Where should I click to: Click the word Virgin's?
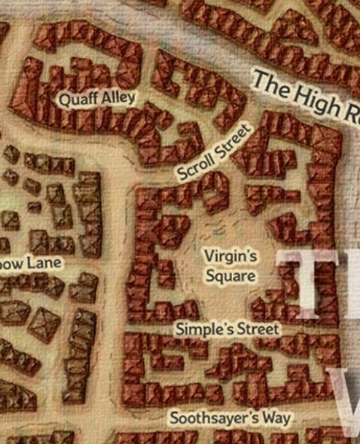click(230, 257)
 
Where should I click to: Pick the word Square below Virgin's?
click(230, 275)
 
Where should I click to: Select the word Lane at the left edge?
click(47, 263)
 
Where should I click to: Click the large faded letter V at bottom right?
click(349, 404)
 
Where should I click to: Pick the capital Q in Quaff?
click(65, 101)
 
